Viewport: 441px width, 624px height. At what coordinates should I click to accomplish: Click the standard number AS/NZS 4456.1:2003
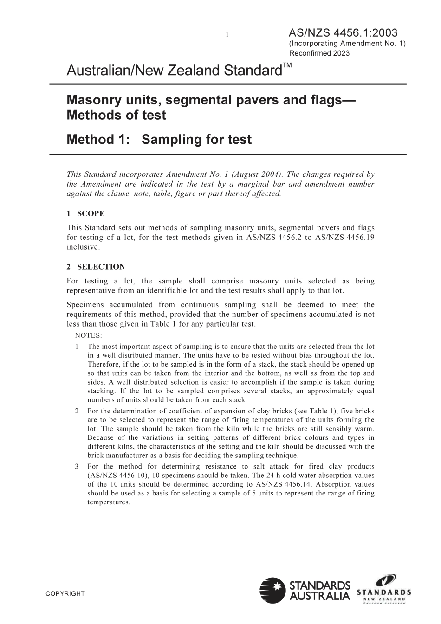(x=343, y=33)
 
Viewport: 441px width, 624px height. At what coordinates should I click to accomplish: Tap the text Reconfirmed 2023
(x=319, y=53)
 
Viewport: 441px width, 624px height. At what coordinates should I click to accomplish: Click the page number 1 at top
(x=227, y=34)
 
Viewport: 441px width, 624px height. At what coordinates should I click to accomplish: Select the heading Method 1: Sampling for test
(x=159, y=139)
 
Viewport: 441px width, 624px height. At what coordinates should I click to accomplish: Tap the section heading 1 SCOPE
(x=85, y=213)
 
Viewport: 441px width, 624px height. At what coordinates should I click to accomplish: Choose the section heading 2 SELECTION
(x=96, y=267)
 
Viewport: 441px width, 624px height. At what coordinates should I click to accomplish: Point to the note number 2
(x=77, y=411)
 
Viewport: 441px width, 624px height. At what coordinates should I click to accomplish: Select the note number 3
(x=77, y=466)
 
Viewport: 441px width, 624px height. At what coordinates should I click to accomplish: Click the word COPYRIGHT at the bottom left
(x=65, y=593)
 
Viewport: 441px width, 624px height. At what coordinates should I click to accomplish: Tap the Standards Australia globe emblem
(x=272, y=590)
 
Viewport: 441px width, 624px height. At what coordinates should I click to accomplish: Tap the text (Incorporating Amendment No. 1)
(x=347, y=43)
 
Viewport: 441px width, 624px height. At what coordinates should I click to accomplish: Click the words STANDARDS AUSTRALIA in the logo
(x=319, y=591)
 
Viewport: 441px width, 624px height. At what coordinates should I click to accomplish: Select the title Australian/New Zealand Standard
(x=174, y=71)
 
